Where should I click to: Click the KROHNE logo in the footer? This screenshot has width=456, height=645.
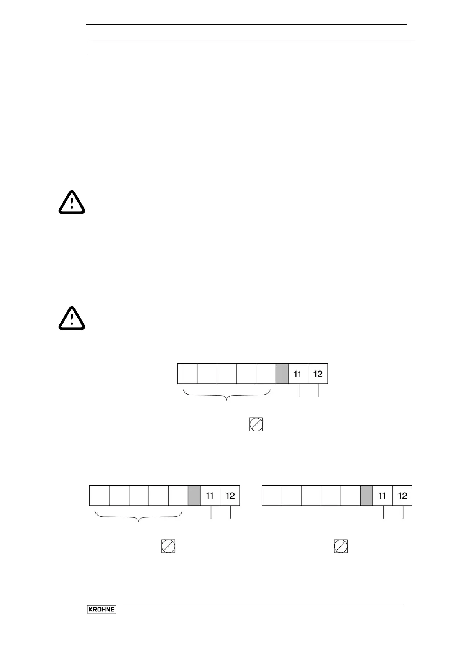click(x=102, y=609)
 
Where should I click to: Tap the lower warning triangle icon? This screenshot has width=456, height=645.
click(x=72, y=318)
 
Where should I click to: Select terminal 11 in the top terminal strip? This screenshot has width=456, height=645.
click(x=298, y=374)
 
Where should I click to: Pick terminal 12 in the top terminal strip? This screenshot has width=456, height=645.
click(x=318, y=374)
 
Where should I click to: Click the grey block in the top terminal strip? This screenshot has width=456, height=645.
click(x=282, y=374)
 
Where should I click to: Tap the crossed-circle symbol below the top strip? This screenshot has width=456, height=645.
click(x=256, y=425)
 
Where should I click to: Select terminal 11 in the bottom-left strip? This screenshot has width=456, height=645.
click(x=210, y=496)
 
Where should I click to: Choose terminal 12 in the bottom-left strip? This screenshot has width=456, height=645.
click(x=230, y=496)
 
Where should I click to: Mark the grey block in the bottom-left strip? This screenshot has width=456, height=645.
click(x=194, y=496)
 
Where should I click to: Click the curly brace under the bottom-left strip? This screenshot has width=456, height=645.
click(x=139, y=517)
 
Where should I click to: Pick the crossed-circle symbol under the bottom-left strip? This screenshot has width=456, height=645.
click(x=168, y=546)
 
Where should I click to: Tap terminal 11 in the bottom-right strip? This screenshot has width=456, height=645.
click(x=382, y=496)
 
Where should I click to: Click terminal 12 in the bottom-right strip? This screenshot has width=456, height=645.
click(x=402, y=496)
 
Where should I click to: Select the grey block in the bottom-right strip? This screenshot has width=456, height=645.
click(x=366, y=496)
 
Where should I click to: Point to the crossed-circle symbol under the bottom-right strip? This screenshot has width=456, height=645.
click(x=341, y=546)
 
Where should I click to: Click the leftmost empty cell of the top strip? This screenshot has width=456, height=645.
click(x=187, y=374)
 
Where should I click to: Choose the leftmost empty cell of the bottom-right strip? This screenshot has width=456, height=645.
click(x=272, y=496)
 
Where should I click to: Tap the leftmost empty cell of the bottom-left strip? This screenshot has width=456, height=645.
click(x=99, y=496)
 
